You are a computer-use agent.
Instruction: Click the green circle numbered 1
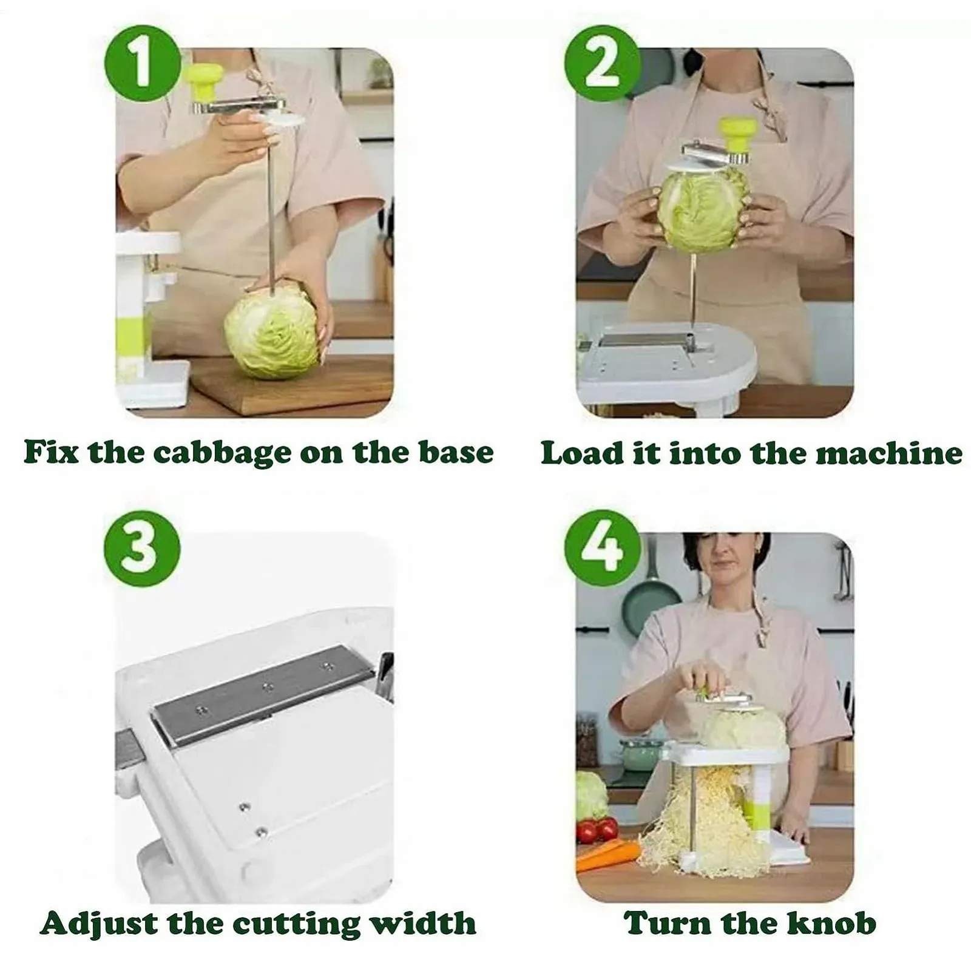click(x=143, y=63)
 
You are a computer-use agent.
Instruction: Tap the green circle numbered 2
click(x=603, y=63)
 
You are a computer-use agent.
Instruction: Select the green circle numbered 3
click(x=143, y=549)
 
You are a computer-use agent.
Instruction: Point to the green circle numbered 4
click(x=603, y=549)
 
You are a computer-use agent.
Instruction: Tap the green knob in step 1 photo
click(x=205, y=83)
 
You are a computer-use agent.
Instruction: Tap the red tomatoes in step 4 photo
click(x=597, y=830)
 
